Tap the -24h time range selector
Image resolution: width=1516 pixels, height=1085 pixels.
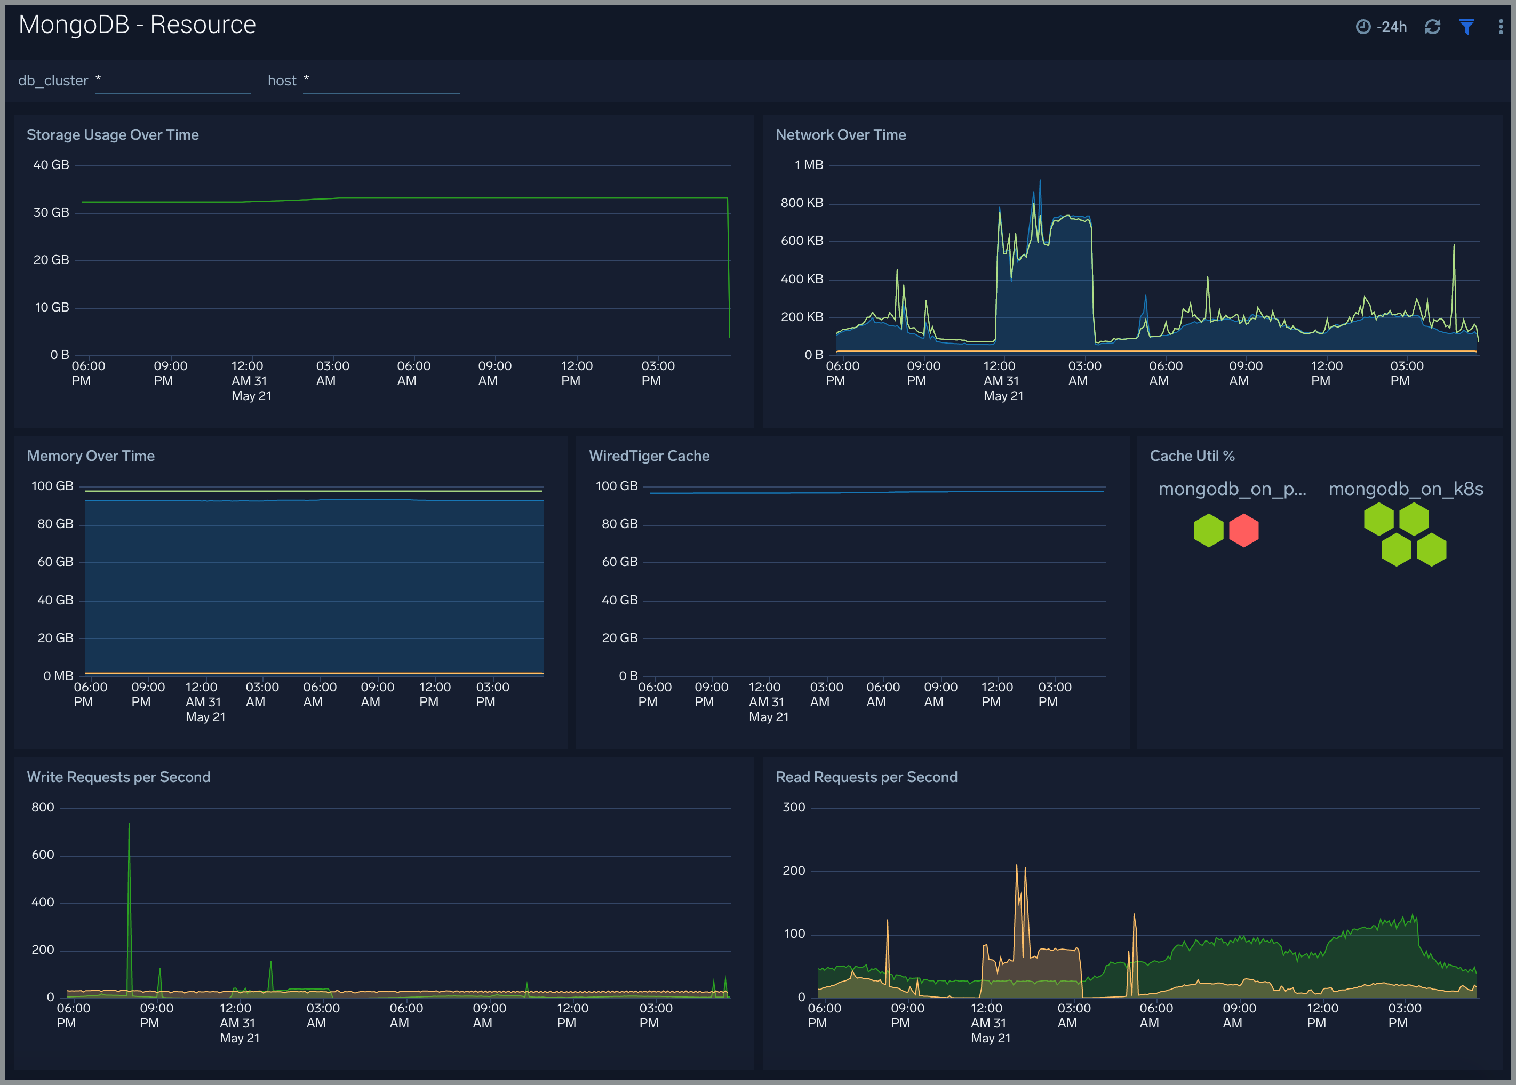[x=1382, y=27]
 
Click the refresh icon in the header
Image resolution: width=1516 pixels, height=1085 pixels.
[x=1432, y=27]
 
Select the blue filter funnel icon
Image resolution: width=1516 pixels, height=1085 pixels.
[x=1466, y=27]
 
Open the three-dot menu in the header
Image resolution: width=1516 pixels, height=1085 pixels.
[x=1501, y=27]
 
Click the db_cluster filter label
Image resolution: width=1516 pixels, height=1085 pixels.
[x=53, y=81]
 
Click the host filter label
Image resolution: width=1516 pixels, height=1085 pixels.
[x=281, y=81]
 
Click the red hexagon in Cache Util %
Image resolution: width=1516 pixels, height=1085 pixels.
[x=1243, y=530]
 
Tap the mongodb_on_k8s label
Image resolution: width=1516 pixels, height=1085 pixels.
[x=1405, y=489]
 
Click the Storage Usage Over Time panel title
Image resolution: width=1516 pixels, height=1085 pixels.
[x=112, y=135]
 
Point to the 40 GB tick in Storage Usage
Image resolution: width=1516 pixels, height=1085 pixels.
[x=51, y=165]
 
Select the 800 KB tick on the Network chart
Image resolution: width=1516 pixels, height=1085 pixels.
[x=801, y=203]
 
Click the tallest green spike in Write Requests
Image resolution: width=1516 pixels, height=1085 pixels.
[x=129, y=826]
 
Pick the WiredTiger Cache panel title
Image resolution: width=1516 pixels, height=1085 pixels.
[x=649, y=456]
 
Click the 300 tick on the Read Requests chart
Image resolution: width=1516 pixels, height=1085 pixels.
[x=793, y=808]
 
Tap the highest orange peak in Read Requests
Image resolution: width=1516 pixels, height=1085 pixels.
[x=1017, y=867]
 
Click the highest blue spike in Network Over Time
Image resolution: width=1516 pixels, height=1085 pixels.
[x=1040, y=182]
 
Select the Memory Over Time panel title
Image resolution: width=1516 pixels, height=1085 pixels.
[x=90, y=456]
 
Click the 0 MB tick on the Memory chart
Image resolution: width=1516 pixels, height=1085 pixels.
[x=58, y=676]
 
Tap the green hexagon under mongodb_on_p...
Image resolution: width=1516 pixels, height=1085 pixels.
[x=1208, y=530]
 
